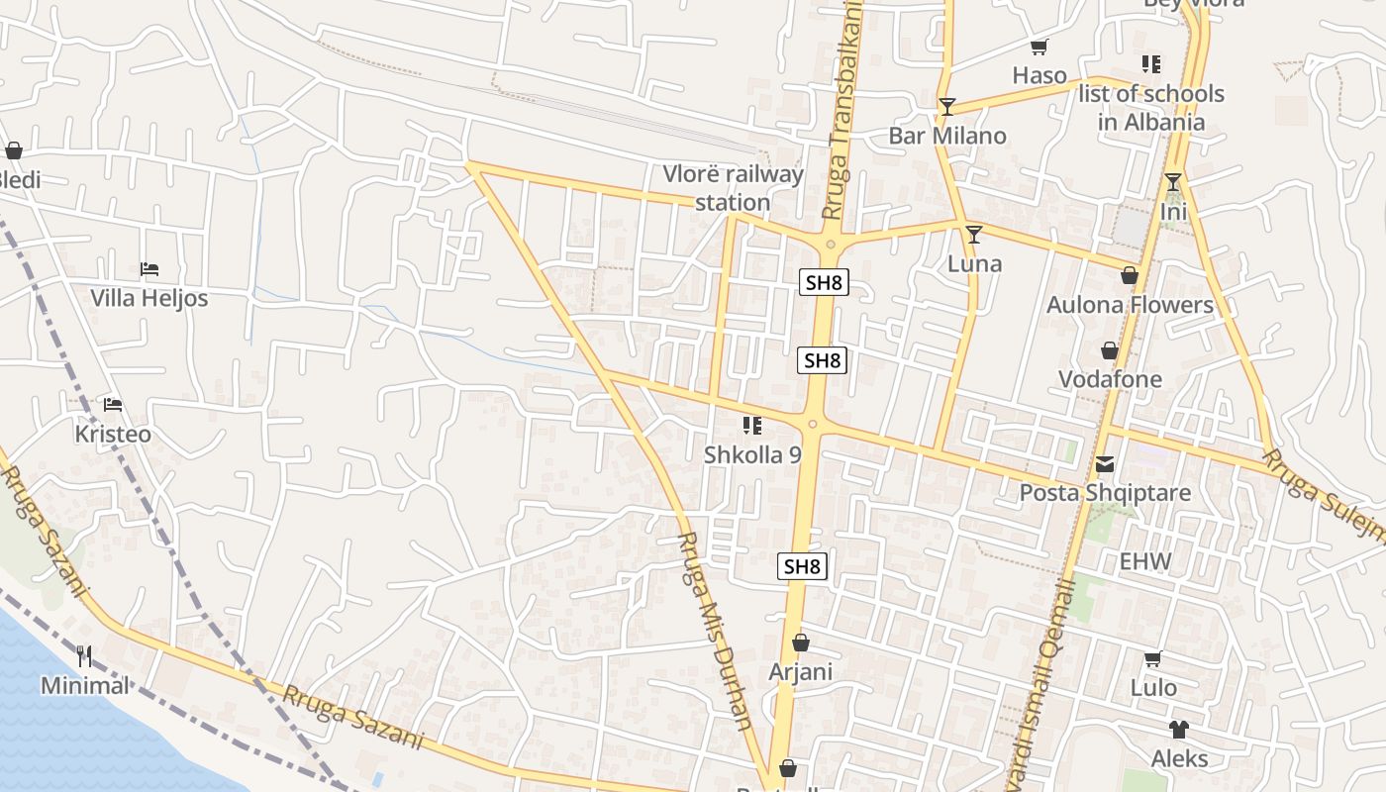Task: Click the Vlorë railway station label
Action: [733, 188]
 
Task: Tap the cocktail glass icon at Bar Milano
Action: [947, 107]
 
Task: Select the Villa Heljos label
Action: [148, 297]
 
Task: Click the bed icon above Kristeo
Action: [113, 405]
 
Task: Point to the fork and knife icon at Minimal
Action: [84, 655]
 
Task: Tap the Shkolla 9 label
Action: [752, 454]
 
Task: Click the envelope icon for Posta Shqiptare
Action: [1105, 463]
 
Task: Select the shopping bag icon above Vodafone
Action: [1110, 350]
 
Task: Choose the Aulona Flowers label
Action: [1130, 304]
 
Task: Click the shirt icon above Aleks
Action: [1178, 730]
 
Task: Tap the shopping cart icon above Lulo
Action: [1152, 658]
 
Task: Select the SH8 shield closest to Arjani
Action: [802, 566]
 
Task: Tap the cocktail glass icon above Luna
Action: [974, 235]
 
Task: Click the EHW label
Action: [1145, 561]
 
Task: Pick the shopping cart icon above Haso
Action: [1039, 47]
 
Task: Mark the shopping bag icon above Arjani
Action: [801, 643]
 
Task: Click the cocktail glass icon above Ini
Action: [1173, 182]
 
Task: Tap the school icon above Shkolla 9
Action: [752, 426]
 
